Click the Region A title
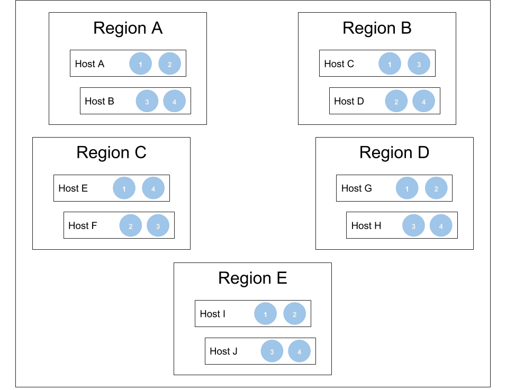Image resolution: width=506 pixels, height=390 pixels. pyautogui.click(x=128, y=28)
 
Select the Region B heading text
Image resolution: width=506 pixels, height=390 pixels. pyautogui.click(x=377, y=28)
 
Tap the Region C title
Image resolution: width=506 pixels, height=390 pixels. pyautogui.click(x=111, y=152)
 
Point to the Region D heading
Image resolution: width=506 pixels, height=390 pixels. pyautogui.click(x=394, y=152)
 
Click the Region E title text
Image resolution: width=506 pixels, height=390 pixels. pyautogui.click(x=252, y=278)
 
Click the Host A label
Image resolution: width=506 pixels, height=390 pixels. pyautogui.click(x=89, y=64)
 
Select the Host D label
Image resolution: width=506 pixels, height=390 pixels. pyautogui.click(x=349, y=101)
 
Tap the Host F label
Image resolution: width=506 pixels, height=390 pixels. pyautogui.click(x=83, y=226)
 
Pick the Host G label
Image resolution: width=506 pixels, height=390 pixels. pyautogui.click(x=356, y=188)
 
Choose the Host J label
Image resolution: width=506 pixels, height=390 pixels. pyautogui.click(x=223, y=351)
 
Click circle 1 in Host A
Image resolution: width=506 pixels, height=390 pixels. pyautogui.click(x=141, y=64)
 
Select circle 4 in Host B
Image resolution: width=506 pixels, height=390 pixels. pyautogui.click(x=175, y=102)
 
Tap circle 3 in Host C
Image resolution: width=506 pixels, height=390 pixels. pyautogui.click(x=419, y=64)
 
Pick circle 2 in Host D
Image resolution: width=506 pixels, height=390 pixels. pyautogui.click(x=396, y=102)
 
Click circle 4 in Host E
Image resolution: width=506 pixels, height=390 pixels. pyautogui.click(x=153, y=188)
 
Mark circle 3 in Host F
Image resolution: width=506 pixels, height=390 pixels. pyautogui.click(x=158, y=226)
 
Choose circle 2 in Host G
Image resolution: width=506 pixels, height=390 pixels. pyautogui.click(x=436, y=188)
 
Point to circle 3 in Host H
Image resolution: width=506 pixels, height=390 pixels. pyautogui.click(x=414, y=226)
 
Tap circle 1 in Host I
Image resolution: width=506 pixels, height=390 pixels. pyautogui.click(x=266, y=314)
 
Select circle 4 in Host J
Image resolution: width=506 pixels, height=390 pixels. pyautogui.click(x=299, y=351)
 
